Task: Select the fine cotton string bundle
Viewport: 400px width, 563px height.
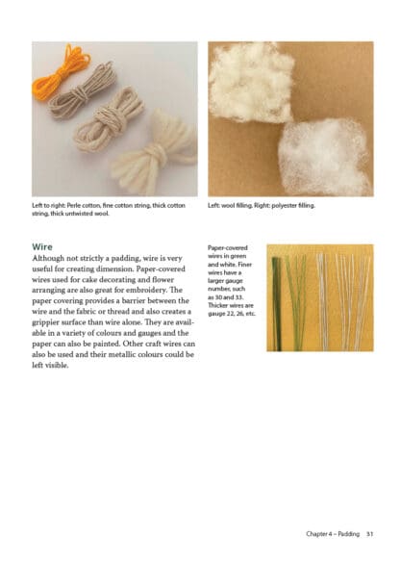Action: [x=83, y=91]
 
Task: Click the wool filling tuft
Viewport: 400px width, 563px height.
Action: [x=251, y=82]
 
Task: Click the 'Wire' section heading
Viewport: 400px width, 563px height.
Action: [x=42, y=247]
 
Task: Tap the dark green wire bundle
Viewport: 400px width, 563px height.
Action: [x=276, y=303]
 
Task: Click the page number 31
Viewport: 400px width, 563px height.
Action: [x=369, y=534]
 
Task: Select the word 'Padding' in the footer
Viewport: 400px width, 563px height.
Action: [x=348, y=534]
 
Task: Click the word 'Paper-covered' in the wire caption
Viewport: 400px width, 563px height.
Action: [x=228, y=247]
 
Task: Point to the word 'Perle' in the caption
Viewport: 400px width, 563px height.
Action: [x=74, y=205]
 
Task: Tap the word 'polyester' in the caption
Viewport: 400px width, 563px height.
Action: [x=285, y=206]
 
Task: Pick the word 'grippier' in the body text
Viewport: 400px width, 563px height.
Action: [x=45, y=322]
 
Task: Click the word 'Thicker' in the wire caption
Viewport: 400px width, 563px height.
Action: [x=217, y=305]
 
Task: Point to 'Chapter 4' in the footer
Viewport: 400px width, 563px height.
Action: [x=319, y=534]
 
